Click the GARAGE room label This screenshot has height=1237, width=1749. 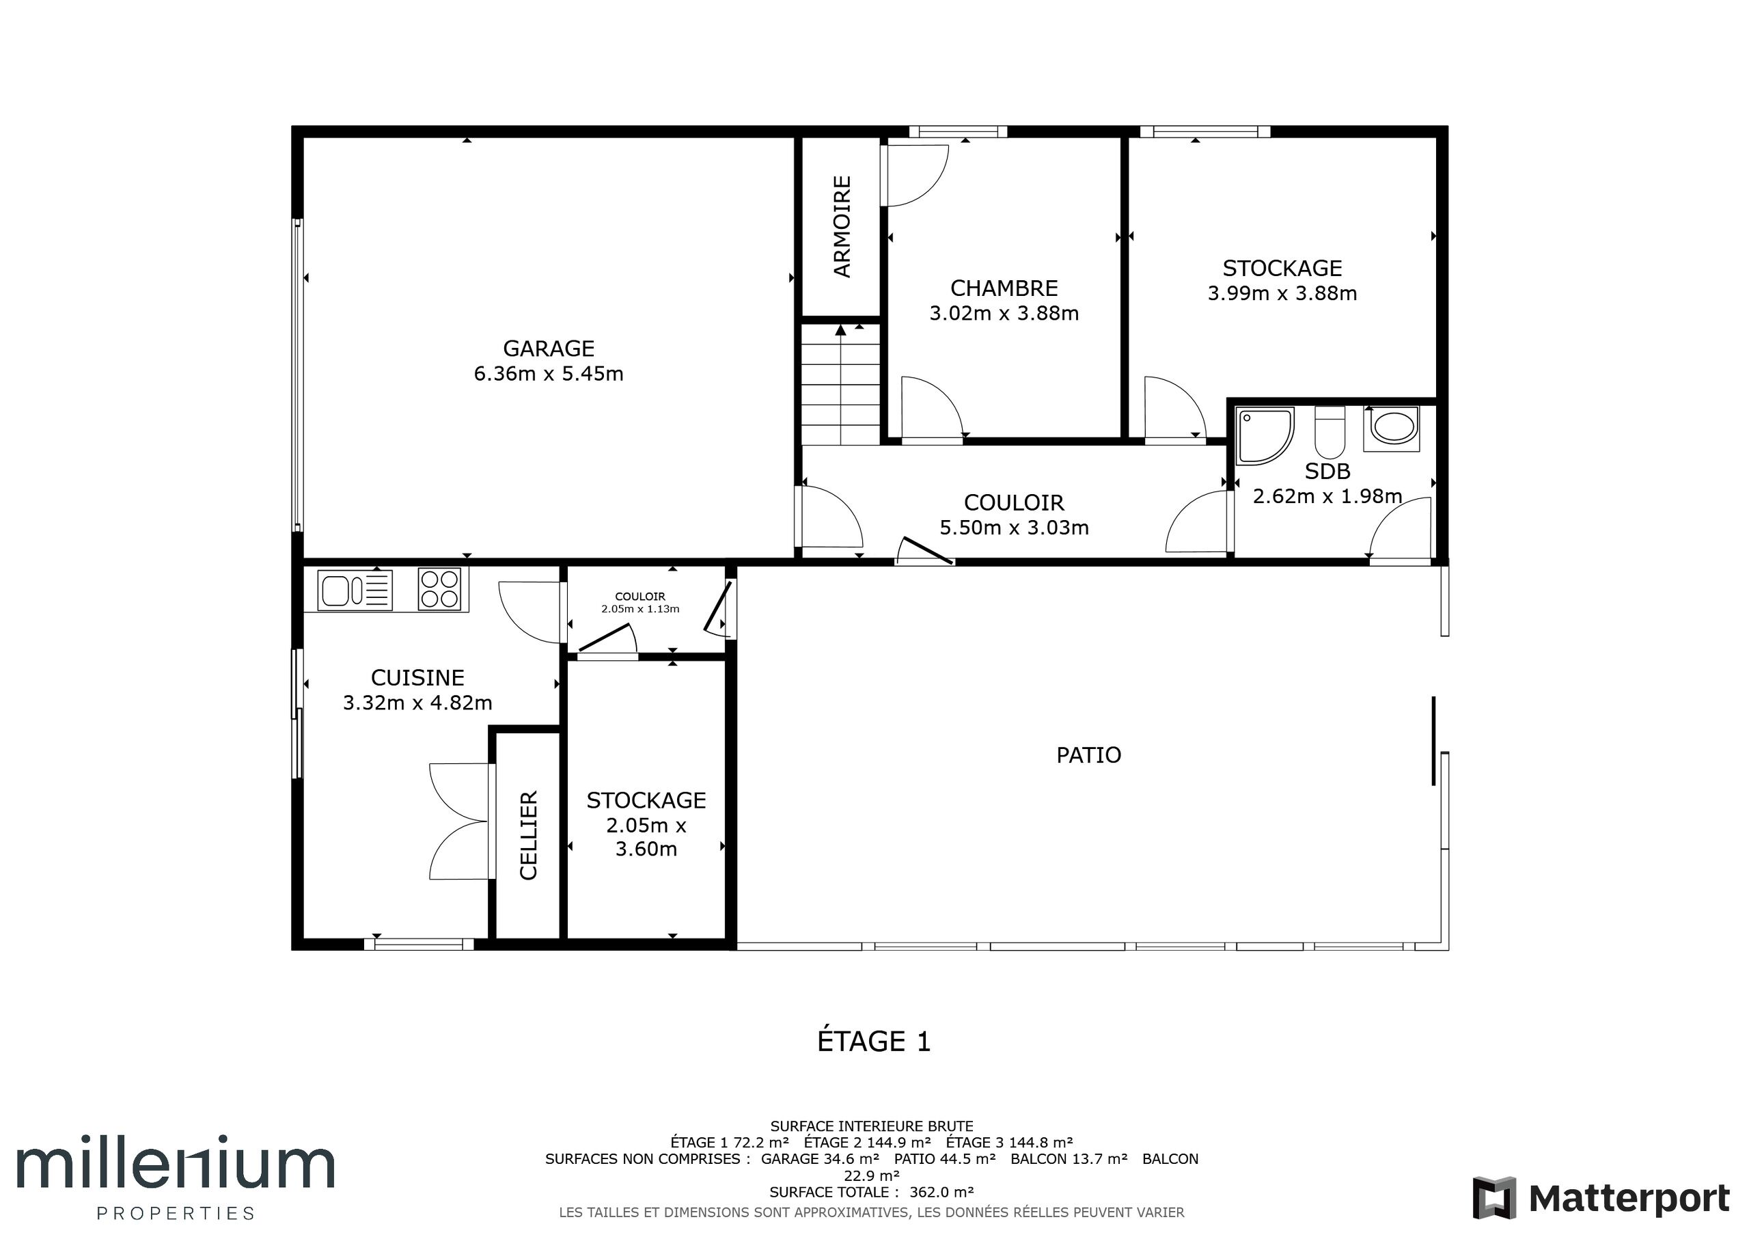point(549,349)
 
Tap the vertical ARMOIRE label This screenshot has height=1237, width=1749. point(842,226)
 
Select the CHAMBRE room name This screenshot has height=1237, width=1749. point(1004,288)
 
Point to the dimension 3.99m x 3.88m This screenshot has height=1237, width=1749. point(1282,293)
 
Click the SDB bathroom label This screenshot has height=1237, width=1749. point(1327,472)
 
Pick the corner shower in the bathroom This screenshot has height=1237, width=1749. point(1265,436)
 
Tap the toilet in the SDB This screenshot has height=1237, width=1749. point(1330,432)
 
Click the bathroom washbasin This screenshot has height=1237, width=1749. point(1392,429)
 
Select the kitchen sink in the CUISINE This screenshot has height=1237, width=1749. point(354,590)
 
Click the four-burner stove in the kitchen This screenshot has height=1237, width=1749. point(439,589)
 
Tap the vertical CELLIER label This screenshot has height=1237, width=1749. point(529,835)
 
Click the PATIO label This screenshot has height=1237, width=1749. point(1088,755)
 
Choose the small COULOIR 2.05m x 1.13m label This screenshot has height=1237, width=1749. point(640,603)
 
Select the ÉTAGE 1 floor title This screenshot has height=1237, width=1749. point(874,1041)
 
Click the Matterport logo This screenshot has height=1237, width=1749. point(1601,1197)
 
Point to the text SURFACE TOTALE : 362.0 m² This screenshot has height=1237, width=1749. point(872,1192)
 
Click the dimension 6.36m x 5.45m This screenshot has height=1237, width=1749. point(549,373)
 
